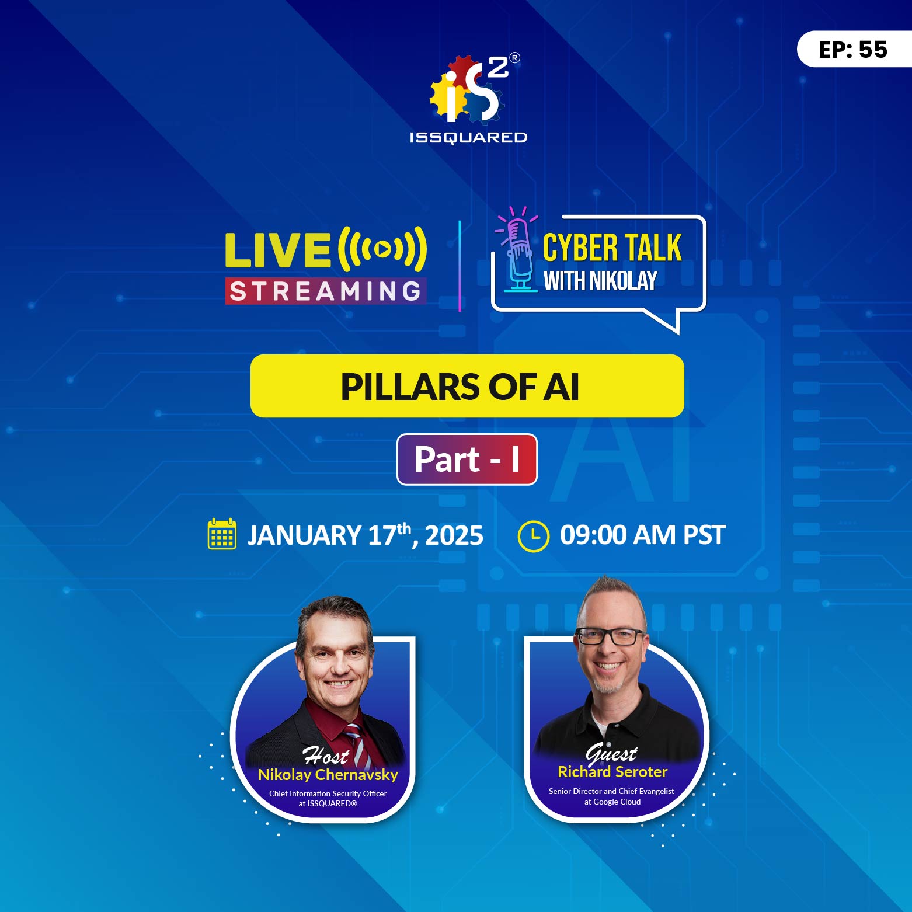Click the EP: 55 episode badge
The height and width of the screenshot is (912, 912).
coord(853,50)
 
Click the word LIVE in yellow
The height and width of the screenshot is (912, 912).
coord(278,250)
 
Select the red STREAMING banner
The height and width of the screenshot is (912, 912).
coord(325,291)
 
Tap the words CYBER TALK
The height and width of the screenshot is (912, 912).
coord(612,248)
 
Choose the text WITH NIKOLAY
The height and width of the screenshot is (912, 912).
coord(600,281)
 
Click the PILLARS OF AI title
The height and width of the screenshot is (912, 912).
coord(460,387)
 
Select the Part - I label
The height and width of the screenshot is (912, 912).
coord(467,460)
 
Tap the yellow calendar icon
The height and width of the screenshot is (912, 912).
coord(222,534)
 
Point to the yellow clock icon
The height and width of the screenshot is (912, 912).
coord(533,536)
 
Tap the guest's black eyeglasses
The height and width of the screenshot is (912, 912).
coord(611,636)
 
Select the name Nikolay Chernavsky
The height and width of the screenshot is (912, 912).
coord(328,775)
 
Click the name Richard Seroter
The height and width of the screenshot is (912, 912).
coord(612,772)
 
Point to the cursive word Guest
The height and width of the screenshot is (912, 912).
coord(611,753)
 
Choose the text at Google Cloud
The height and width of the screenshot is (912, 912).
coord(612,802)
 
